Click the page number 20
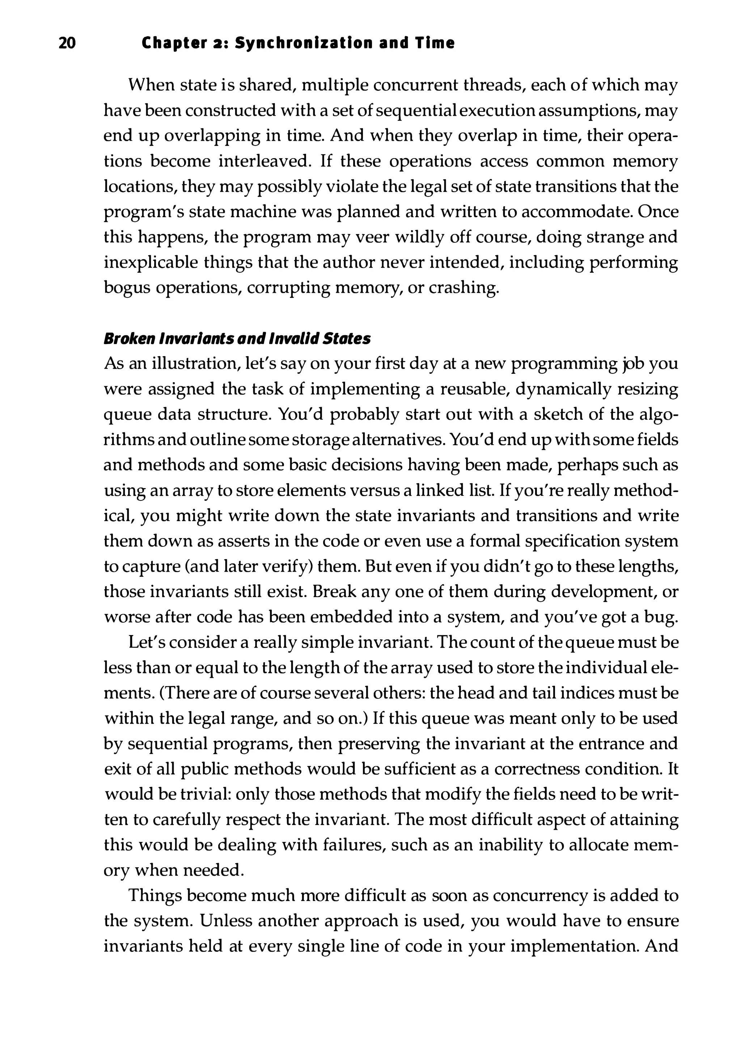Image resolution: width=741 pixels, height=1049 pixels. tap(67, 43)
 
